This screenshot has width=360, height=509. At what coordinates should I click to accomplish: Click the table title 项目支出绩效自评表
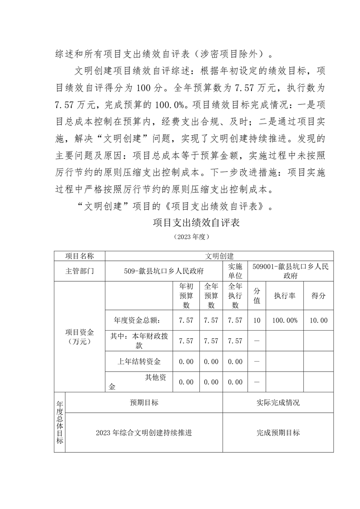[x=196, y=223]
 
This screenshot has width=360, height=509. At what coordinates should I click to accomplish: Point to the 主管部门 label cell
[x=79, y=271]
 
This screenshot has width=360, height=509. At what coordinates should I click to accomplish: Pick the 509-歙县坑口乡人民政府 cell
[x=163, y=271]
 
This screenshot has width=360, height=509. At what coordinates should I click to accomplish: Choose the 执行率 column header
[x=284, y=295]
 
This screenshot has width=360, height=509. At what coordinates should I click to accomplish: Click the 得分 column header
[x=318, y=295]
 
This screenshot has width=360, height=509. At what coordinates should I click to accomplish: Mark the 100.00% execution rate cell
[x=284, y=320]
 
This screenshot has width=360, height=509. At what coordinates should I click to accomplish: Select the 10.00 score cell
[x=318, y=320]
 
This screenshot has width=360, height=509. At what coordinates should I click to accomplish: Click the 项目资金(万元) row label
[x=79, y=337]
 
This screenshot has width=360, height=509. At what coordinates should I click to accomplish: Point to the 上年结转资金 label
[x=139, y=362]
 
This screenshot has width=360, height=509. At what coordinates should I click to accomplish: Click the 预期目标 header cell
[x=144, y=402]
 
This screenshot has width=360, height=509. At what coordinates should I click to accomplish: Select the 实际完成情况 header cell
[x=278, y=402]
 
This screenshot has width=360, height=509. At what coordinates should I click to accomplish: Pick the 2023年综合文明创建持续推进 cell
[x=144, y=433]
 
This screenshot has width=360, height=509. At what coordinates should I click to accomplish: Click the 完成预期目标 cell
[x=278, y=433]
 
